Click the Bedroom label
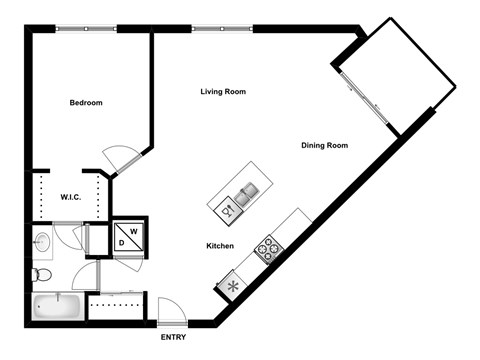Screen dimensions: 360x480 (x=86, y=103)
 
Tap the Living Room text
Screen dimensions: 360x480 (x=223, y=92)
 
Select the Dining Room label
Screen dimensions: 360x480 (x=324, y=146)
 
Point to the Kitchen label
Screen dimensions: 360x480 (x=220, y=246)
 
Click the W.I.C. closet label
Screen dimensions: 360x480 (x=71, y=197)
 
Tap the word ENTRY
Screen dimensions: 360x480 (x=174, y=337)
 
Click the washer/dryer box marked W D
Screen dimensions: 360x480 (x=128, y=235)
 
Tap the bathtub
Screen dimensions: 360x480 (x=56, y=305)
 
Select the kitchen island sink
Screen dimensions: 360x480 (x=246, y=187)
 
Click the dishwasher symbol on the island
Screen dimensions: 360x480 (x=227, y=210)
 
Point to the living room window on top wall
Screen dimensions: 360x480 (x=222, y=28)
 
